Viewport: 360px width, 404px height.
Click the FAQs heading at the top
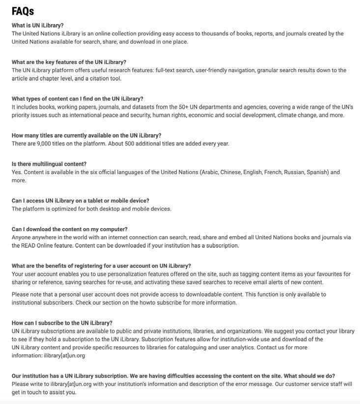pos(23,11)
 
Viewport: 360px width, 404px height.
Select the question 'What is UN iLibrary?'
pos(38,26)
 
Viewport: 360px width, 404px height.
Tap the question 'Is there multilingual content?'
pos(49,164)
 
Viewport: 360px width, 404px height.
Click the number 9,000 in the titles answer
pos(46,144)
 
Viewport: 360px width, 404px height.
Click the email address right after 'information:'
pos(64,355)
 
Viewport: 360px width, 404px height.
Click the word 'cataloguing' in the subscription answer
pos(230,347)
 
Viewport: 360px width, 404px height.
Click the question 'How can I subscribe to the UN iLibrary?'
pos(62,323)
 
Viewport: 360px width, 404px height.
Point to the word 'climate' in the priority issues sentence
pos(288,115)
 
